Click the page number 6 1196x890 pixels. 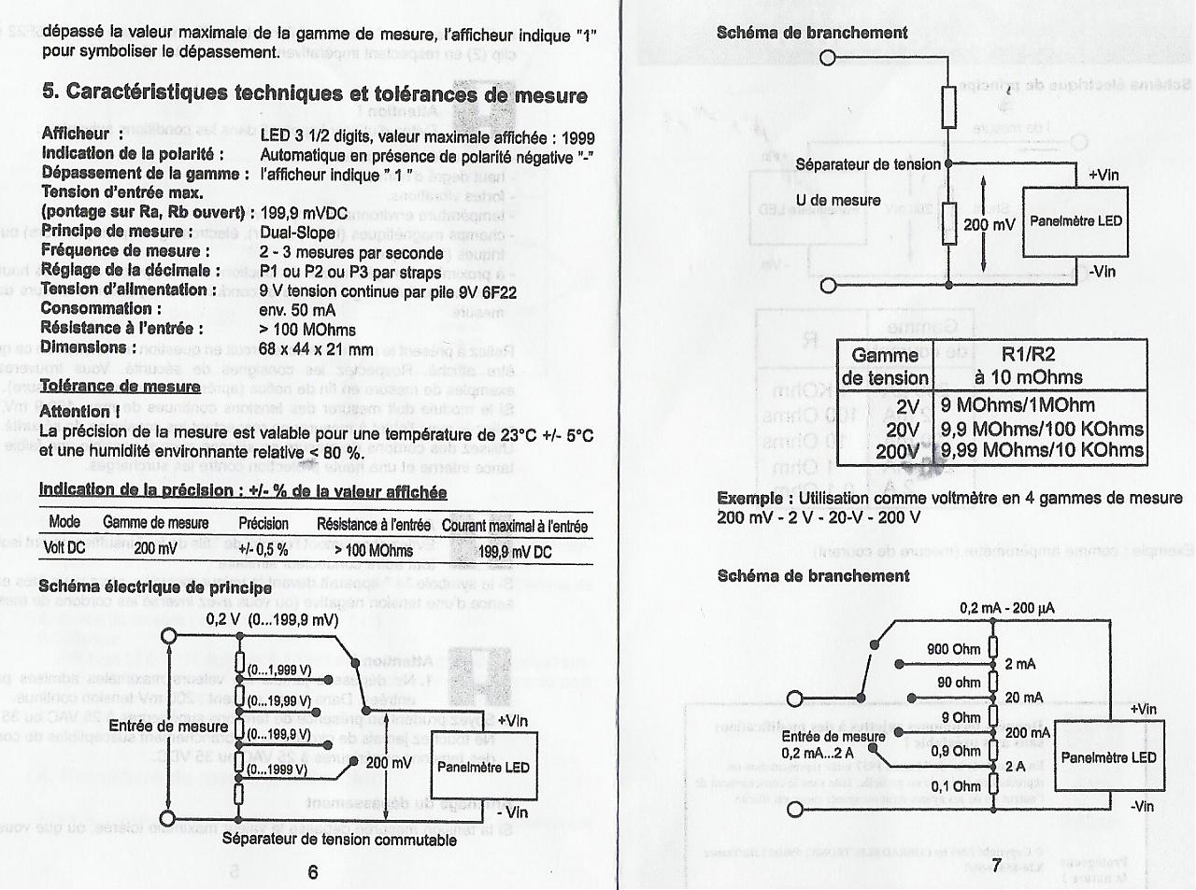pos(312,872)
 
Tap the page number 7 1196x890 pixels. pos(996,866)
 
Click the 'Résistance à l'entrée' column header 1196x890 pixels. pos(373,525)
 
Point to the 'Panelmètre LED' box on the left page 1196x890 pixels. pos(483,768)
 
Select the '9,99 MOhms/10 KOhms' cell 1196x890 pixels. pos(1042,450)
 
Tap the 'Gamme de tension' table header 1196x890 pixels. pos(884,366)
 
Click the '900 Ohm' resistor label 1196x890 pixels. pos(953,649)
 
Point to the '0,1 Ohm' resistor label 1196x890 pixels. pos(955,786)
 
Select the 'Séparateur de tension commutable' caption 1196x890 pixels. pos(339,840)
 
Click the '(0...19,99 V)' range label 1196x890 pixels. pos(279,701)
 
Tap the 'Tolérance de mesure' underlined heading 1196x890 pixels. pos(121,387)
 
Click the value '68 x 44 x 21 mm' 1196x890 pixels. pos(316,349)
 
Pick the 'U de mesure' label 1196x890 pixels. pos(838,201)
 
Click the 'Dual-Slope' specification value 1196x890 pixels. pos(298,233)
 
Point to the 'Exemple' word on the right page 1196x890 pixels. pos(749,499)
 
